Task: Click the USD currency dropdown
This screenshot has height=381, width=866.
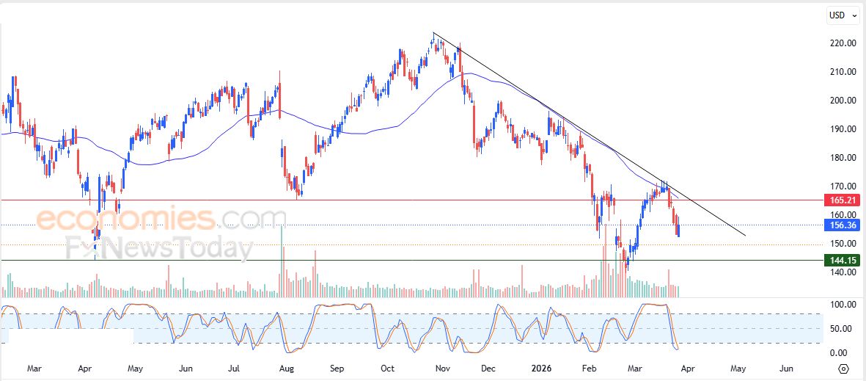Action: [x=840, y=15]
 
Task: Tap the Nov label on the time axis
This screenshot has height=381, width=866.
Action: [x=442, y=369]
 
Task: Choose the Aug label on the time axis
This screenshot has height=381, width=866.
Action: [x=287, y=369]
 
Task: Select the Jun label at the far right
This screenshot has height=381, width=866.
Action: [x=785, y=369]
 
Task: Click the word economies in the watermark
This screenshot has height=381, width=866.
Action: [x=125, y=219]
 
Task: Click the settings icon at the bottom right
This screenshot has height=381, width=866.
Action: [x=843, y=369]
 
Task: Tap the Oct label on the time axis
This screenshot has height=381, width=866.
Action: [x=388, y=369]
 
